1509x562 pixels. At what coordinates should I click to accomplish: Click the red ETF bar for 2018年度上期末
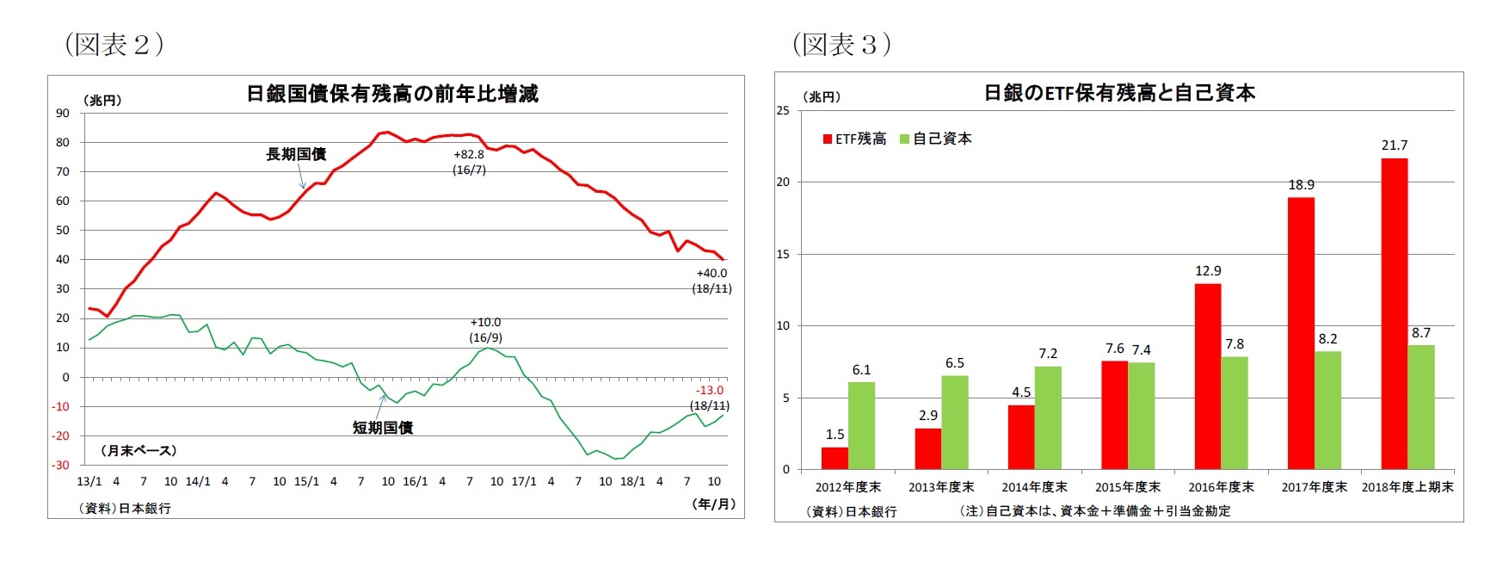point(1394,314)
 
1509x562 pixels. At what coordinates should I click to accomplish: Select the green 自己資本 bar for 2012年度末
point(861,425)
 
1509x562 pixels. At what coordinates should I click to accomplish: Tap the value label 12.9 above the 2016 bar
point(1208,271)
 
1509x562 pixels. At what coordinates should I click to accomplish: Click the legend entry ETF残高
point(854,139)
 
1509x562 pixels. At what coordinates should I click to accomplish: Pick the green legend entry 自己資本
point(936,139)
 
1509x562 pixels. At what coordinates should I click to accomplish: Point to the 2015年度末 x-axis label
point(1127,487)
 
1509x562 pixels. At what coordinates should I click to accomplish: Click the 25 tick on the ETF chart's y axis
point(782,110)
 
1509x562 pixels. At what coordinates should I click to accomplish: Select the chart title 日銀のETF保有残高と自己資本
point(1119,93)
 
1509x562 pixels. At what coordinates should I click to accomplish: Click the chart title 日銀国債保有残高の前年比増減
point(392,94)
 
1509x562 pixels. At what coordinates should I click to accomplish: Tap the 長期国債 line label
point(296,154)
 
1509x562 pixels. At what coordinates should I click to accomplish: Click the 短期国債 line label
point(383,428)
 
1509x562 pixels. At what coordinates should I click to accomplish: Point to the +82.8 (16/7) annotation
point(469,162)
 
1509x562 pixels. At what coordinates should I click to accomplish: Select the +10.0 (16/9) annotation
point(485,330)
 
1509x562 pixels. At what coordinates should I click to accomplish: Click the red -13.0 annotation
point(710,391)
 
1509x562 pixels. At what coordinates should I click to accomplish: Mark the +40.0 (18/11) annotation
point(711,281)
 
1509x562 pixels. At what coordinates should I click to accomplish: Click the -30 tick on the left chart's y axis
point(61,466)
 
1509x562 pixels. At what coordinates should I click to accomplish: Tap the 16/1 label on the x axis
point(415,482)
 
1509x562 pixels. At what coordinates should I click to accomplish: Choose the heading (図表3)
point(841,44)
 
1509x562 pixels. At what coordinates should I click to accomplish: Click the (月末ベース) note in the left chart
point(139,451)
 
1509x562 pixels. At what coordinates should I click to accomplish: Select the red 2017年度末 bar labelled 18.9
point(1301,333)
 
